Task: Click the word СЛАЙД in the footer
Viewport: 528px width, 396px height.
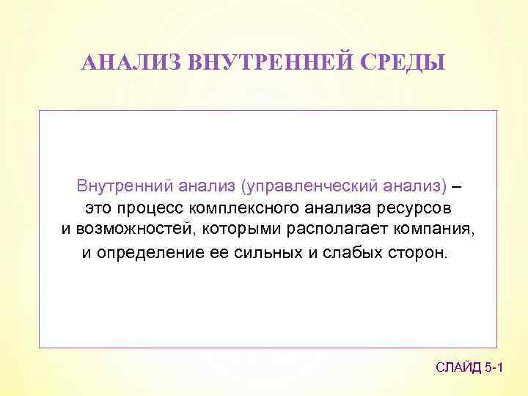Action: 458,367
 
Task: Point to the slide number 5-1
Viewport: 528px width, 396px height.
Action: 494,367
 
